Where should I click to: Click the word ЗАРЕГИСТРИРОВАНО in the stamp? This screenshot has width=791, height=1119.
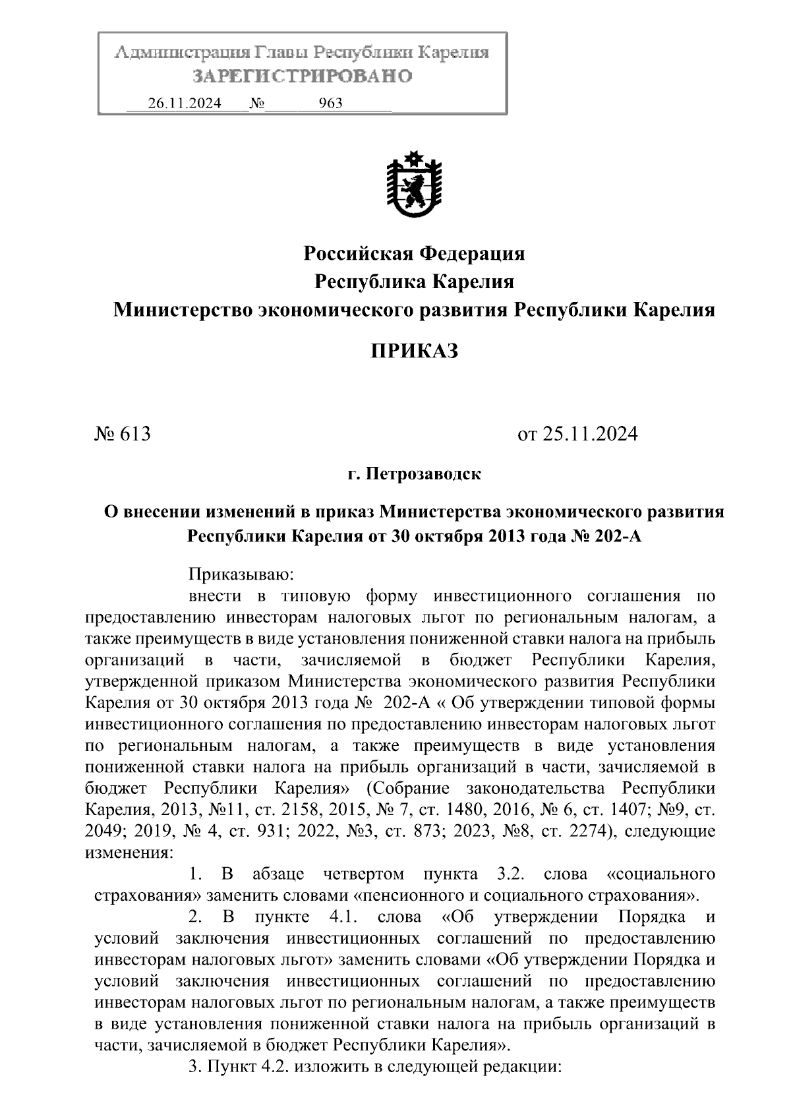pyautogui.click(x=302, y=76)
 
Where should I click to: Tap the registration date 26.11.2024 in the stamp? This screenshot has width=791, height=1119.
pyautogui.click(x=185, y=104)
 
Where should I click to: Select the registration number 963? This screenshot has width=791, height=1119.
pyautogui.click(x=330, y=104)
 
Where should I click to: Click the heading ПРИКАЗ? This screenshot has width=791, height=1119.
pyautogui.click(x=414, y=351)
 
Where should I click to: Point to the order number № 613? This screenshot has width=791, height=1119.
pyautogui.click(x=123, y=434)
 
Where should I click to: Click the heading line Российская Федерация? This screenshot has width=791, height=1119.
pyautogui.click(x=414, y=253)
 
